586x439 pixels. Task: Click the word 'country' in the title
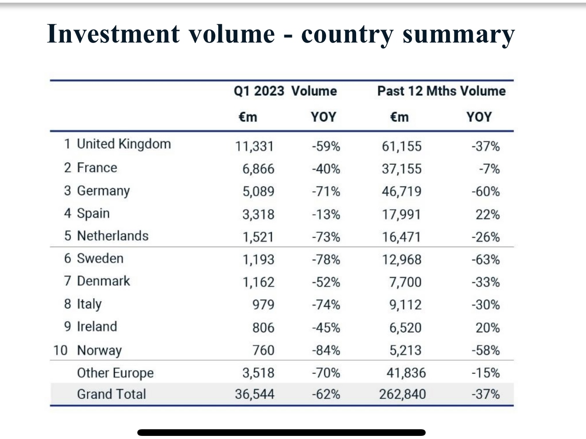pos(347,35)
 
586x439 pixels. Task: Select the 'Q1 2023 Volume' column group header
pos(285,91)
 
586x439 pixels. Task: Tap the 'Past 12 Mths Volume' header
pos(441,91)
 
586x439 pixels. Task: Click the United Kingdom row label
pos(124,144)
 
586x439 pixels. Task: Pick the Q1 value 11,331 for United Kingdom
pos(254,146)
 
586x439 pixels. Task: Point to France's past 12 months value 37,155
pos(402,169)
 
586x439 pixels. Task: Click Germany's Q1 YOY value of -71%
pos(326,191)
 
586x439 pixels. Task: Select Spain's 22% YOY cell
pos(487,214)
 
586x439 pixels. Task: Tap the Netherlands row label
pos(113,236)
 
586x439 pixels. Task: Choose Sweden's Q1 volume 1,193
pos(258,260)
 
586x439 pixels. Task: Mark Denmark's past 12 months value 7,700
pos(405,282)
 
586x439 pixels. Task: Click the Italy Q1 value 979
pos(263,305)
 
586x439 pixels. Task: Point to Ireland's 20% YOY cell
pos(487,328)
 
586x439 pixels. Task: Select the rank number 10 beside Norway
pos(60,350)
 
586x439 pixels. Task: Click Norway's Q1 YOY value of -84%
pos(326,350)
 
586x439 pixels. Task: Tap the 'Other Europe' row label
pos(115,373)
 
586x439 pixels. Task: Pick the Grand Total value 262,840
pos(402,394)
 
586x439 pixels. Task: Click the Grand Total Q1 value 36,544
pos(254,394)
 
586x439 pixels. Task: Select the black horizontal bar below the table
pos(281,432)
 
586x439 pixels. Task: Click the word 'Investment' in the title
pos(113,35)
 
